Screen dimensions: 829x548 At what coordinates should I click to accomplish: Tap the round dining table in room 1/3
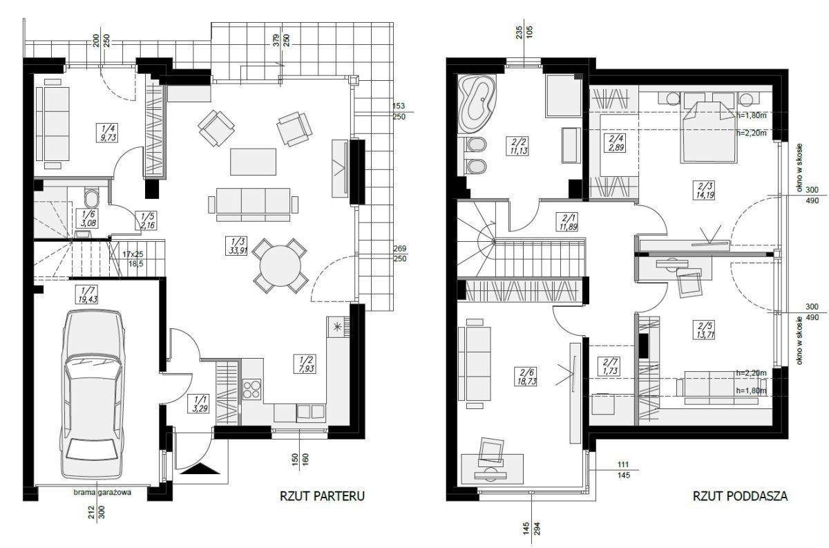click(x=280, y=266)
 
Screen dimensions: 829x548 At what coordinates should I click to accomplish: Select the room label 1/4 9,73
click(x=108, y=133)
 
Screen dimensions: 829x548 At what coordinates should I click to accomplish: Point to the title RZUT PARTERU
click(x=322, y=495)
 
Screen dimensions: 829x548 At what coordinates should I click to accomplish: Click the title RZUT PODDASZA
click(x=740, y=495)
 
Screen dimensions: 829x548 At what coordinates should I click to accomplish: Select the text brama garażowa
click(x=102, y=493)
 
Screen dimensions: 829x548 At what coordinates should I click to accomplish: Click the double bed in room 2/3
click(x=707, y=131)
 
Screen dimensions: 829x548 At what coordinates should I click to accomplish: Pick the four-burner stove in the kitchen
click(x=251, y=390)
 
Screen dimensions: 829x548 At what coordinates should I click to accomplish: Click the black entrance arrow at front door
click(x=200, y=469)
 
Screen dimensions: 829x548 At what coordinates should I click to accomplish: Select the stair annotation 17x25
click(x=133, y=255)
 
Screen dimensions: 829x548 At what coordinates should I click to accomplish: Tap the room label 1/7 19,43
click(x=87, y=294)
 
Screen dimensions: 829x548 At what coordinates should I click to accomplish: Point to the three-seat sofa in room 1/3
click(x=253, y=205)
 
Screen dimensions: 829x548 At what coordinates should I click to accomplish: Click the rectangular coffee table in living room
click(x=253, y=162)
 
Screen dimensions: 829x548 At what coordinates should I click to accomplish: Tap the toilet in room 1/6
click(x=91, y=198)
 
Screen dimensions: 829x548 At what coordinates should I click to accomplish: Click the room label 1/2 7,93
click(x=305, y=363)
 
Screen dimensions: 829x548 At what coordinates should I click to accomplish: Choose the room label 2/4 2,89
click(x=616, y=143)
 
